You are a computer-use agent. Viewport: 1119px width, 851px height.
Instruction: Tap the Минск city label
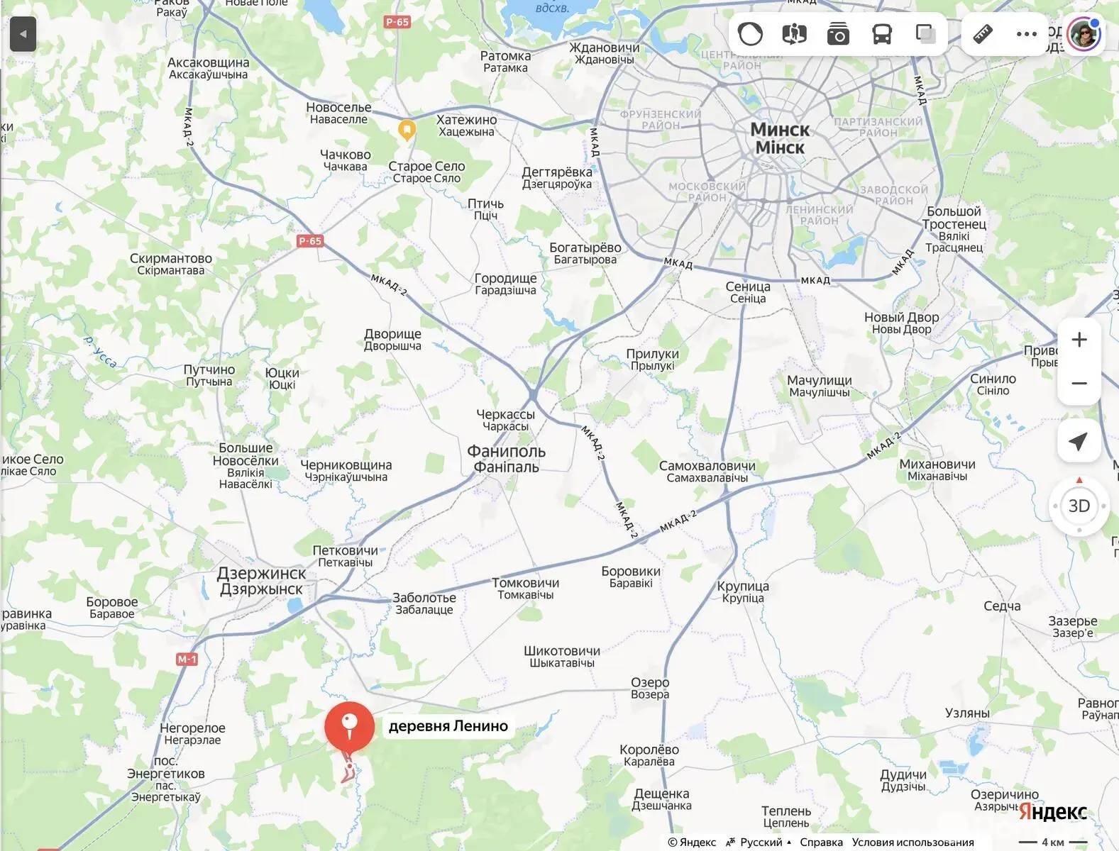[780, 138]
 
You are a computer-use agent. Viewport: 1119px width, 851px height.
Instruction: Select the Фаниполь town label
[506, 458]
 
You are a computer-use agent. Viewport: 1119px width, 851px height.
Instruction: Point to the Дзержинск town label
[261, 581]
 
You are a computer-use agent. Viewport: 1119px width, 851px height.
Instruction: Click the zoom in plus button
[1079, 340]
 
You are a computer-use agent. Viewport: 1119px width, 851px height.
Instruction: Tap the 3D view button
[1079, 506]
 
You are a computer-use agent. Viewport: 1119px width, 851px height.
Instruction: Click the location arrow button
[1079, 441]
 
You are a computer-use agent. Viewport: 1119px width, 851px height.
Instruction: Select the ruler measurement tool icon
[983, 33]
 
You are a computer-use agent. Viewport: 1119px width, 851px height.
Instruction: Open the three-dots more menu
[1026, 33]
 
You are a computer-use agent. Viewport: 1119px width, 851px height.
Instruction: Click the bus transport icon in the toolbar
[882, 33]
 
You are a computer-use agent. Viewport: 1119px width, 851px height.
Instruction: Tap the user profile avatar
[1084, 33]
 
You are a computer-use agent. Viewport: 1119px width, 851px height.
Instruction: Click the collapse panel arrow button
[23, 33]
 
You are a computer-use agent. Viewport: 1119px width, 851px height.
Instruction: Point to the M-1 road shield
[187, 660]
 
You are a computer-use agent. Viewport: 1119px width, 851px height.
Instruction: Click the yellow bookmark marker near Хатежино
[407, 130]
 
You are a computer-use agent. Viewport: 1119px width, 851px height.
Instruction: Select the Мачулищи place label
[820, 386]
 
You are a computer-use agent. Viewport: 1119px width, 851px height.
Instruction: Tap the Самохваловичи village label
[707, 472]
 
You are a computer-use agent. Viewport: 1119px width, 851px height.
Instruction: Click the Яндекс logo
[1053, 812]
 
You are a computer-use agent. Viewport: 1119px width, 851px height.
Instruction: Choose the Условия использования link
[913, 842]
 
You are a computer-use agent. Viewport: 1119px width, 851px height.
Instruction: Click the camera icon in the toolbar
[838, 33]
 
